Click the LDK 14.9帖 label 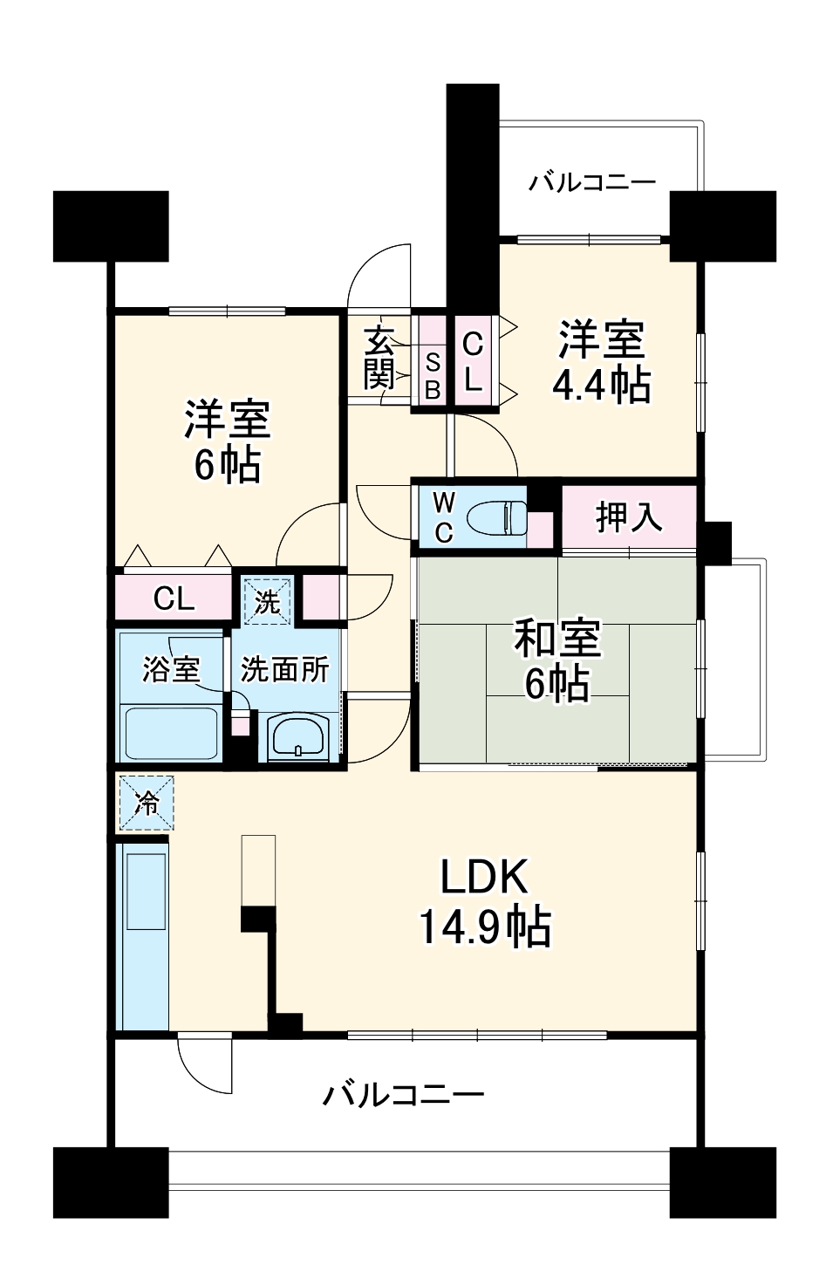pos(485,902)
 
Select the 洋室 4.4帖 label pos(602,360)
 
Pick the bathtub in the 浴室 pos(170,733)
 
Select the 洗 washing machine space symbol pos(267,601)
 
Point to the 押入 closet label pos(629,517)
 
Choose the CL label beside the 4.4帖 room pos(472,360)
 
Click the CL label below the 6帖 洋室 pos(174,599)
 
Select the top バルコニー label pos(592,183)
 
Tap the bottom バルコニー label pos(404,1094)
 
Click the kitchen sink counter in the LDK pos(144,934)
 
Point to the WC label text pos(443,517)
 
